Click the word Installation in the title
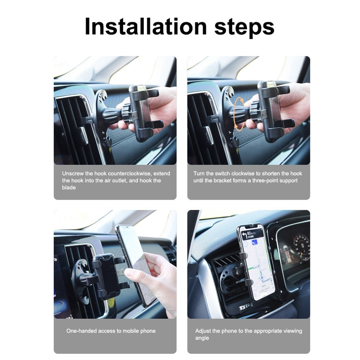(x=146, y=26)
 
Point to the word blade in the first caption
(x=69, y=188)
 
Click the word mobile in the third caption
(x=131, y=331)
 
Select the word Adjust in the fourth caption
(x=203, y=331)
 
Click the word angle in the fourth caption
(x=202, y=338)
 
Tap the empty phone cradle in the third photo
(x=106, y=275)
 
